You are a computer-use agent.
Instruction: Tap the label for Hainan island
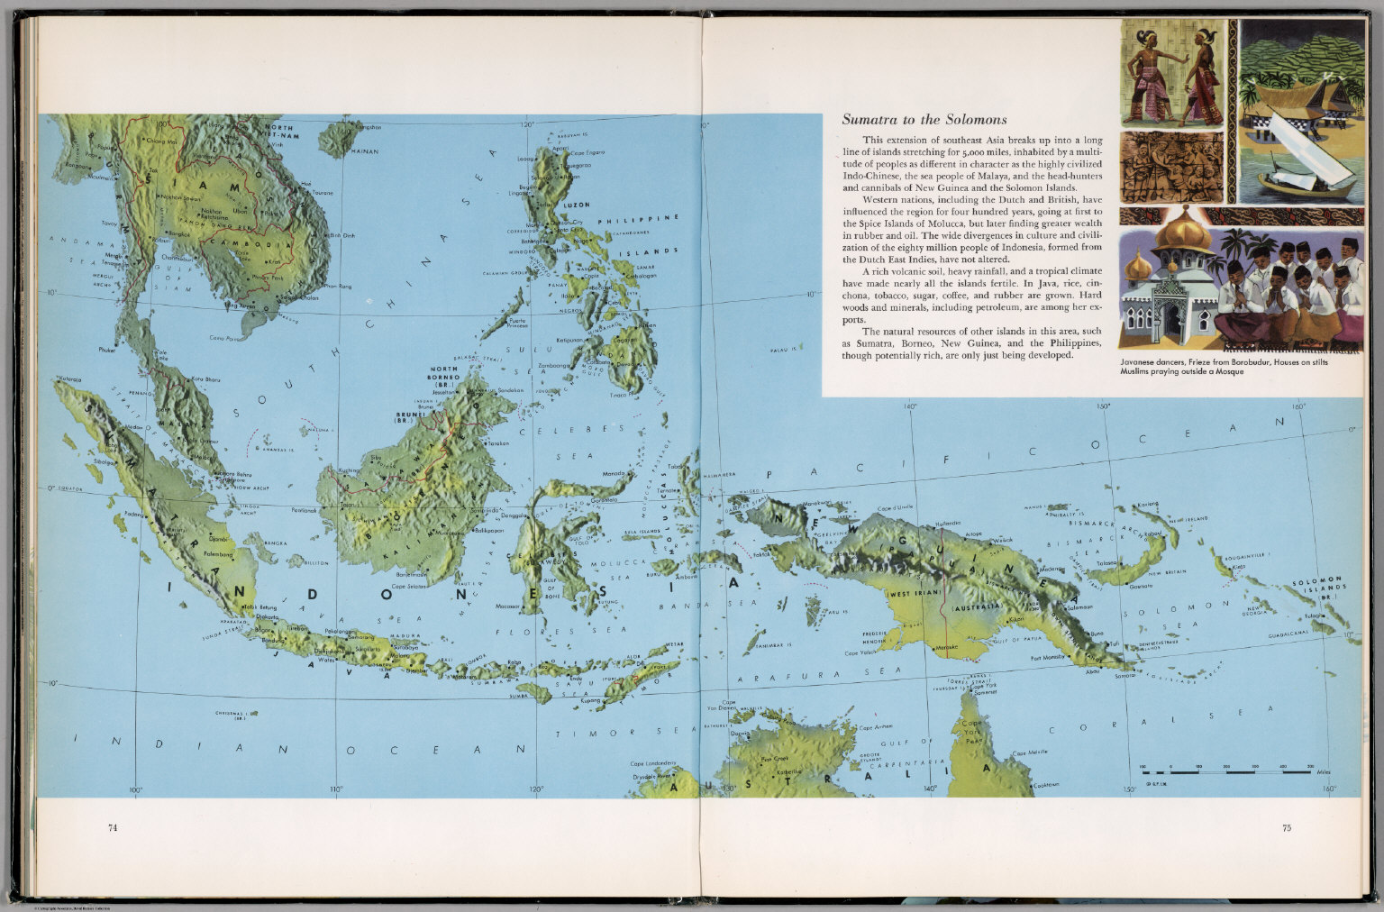[365, 151]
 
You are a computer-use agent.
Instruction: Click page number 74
[113, 827]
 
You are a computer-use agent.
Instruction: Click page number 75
[1286, 827]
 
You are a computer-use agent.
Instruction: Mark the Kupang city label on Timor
[591, 699]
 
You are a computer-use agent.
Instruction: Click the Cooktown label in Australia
[1045, 784]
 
